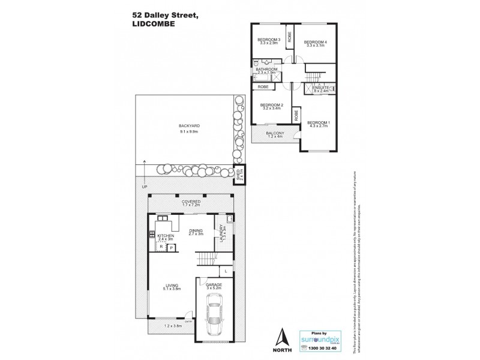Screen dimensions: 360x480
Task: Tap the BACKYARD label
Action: coord(188,125)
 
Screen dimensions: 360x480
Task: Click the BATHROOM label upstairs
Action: coord(267,69)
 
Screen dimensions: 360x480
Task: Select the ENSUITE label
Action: coord(320,87)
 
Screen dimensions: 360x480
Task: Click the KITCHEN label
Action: coord(166,236)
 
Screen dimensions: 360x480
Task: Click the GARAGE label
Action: coord(214,286)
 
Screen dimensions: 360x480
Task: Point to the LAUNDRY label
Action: coord(223,229)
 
